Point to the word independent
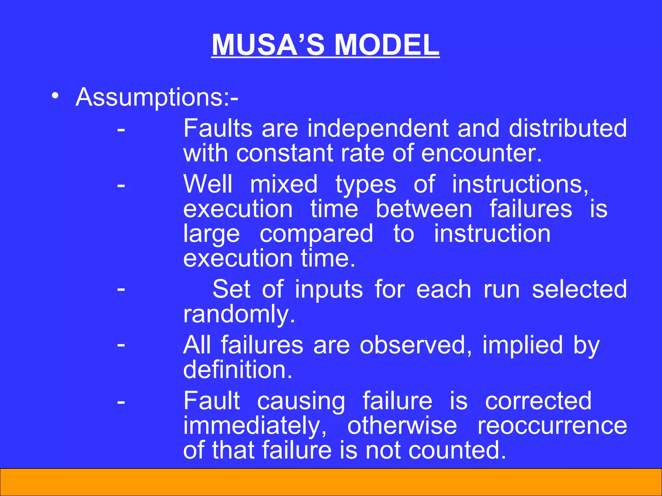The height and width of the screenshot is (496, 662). pyautogui.click(x=378, y=128)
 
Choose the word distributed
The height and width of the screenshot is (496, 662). pyautogui.click(x=568, y=128)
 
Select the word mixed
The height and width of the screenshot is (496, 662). pyautogui.click(x=284, y=184)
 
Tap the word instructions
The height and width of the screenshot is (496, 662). pyautogui.click(x=520, y=184)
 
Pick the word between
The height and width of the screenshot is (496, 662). pyautogui.click(x=424, y=209)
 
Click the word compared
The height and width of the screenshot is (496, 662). pyautogui.click(x=316, y=234)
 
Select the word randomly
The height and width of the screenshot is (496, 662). pyautogui.click(x=239, y=314)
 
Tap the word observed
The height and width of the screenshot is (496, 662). pyautogui.click(x=416, y=345)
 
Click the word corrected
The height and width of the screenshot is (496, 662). pyautogui.click(x=538, y=401)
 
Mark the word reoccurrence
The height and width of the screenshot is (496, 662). pyautogui.click(x=552, y=426)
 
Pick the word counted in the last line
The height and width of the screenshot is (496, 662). pyautogui.click(x=457, y=450)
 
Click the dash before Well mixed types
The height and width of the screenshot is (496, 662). pyautogui.click(x=121, y=186)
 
